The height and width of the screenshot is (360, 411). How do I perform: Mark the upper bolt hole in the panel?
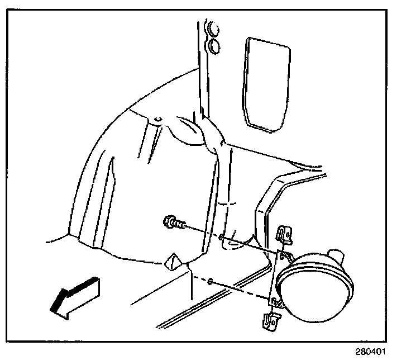point(223,239)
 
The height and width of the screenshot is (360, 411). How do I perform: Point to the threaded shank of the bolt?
point(180,225)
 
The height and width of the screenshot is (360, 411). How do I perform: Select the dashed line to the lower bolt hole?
point(240,291)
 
